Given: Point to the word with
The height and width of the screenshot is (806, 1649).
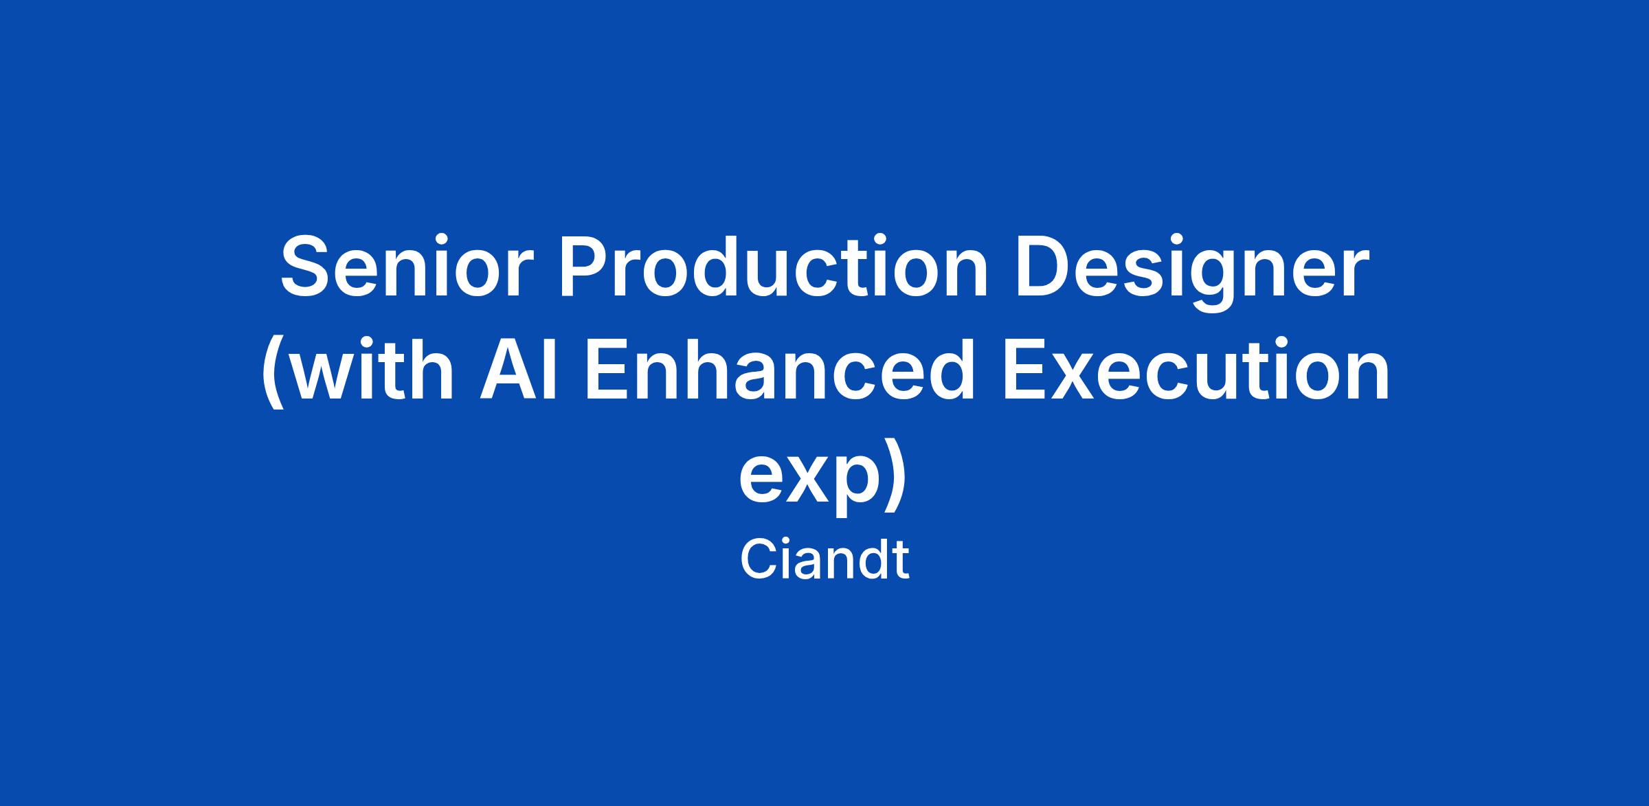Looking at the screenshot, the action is pyautogui.click(x=377, y=370).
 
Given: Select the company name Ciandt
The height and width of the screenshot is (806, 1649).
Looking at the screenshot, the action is pyautogui.click(x=824, y=561).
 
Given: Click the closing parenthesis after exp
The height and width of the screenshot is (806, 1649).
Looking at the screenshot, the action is pyautogui.click(x=896, y=473).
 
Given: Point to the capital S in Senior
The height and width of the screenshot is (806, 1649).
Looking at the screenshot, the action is pyautogui.click(x=306, y=268).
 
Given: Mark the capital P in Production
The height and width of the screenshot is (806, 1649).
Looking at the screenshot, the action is pyautogui.click(x=585, y=268).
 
